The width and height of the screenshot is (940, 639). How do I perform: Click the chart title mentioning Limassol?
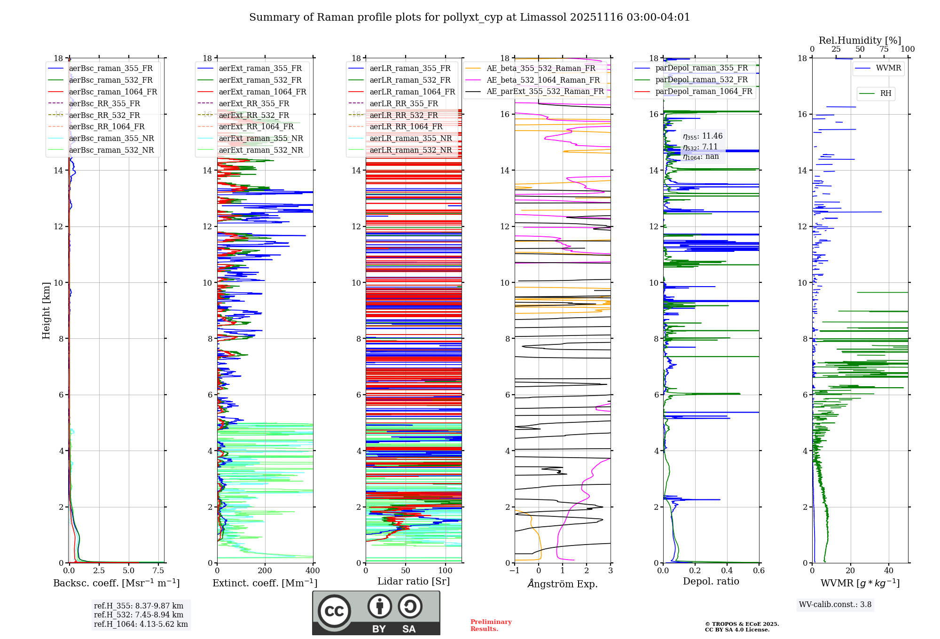tap(469, 17)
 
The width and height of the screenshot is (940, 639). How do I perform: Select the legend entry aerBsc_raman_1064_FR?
tap(113, 92)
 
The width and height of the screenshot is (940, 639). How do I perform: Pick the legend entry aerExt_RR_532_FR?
tap(254, 115)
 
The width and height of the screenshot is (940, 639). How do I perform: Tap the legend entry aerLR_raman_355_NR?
tap(410, 138)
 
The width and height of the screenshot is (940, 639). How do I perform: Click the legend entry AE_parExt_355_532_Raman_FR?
tap(545, 91)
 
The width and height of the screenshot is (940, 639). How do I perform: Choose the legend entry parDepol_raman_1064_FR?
tap(704, 91)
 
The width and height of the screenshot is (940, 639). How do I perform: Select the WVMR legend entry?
tap(888, 68)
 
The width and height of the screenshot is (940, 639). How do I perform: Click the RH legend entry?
tap(885, 94)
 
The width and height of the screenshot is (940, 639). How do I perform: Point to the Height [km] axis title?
tap(46, 310)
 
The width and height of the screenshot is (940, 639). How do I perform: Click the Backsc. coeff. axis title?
tap(116, 583)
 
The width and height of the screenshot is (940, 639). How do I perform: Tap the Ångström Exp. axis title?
tap(563, 584)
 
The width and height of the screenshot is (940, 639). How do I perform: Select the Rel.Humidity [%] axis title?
tap(860, 40)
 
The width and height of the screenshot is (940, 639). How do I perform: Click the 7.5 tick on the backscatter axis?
tap(158, 571)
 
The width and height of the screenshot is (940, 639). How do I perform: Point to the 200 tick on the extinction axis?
tap(265, 571)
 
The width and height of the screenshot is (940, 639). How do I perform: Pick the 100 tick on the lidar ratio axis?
tap(445, 571)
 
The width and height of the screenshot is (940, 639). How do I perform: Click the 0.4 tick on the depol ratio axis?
tap(727, 571)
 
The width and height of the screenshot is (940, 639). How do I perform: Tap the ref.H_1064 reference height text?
tap(141, 624)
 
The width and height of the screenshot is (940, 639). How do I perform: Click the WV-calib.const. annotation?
tap(835, 604)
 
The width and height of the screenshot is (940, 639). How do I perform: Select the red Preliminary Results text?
tap(491, 625)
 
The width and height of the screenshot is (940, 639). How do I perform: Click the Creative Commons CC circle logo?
tap(334, 611)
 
